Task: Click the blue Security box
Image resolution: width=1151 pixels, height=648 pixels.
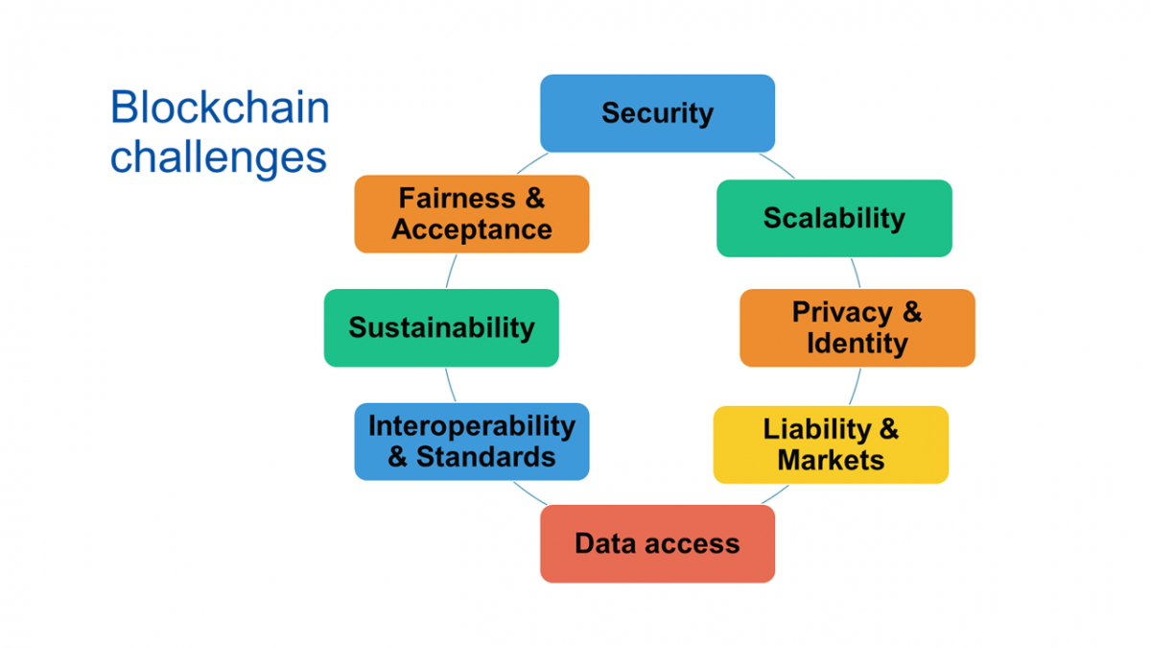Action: (x=657, y=113)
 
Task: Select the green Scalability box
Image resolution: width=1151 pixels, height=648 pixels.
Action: (x=834, y=218)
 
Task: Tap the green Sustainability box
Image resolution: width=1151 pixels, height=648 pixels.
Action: (x=441, y=327)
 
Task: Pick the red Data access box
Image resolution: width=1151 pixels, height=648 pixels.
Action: (x=657, y=543)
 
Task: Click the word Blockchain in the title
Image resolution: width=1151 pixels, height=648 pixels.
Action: (x=220, y=107)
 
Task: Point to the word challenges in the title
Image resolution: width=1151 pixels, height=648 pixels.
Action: (x=219, y=157)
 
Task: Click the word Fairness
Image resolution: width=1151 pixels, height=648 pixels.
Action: (x=457, y=198)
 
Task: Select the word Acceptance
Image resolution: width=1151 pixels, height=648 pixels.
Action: (x=472, y=229)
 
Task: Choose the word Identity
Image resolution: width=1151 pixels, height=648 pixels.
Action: (x=857, y=344)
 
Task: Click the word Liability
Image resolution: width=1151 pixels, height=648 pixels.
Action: (x=817, y=429)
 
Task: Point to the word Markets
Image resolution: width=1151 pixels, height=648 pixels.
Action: (x=831, y=460)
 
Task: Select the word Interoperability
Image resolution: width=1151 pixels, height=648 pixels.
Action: (x=472, y=426)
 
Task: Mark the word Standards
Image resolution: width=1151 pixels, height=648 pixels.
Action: (x=485, y=457)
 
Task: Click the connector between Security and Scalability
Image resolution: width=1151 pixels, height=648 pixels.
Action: (x=778, y=164)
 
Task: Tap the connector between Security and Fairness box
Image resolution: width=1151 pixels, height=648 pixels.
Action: (x=531, y=162)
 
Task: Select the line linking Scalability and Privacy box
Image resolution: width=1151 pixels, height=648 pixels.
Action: (x=856, y=273)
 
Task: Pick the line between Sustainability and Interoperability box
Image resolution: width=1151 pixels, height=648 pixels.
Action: (x=450, y=385)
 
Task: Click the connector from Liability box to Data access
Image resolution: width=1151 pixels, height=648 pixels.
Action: (x=775, y=494)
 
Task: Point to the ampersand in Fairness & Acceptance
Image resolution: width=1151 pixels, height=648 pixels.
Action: (x=535, y=198)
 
